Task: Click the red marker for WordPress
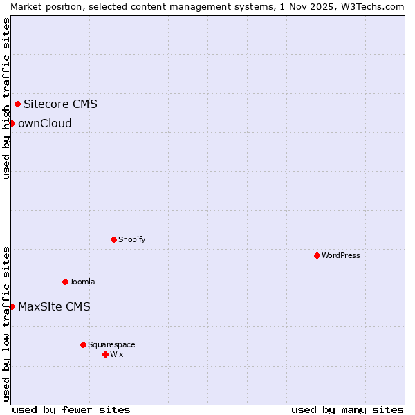point(317,255)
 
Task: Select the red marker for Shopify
point(113,239)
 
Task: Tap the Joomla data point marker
point(65,282)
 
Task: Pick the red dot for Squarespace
point(83,344)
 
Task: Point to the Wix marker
point(105,354)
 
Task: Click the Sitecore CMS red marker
point(17,104)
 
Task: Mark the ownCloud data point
point(12,123)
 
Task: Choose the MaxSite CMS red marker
point(12,306)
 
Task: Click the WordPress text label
point(341,255)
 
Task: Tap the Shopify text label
point(132,239)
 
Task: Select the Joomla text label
point(82,282)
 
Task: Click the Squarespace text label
point(111,344)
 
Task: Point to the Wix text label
point(117,354)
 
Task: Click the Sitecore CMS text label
point(60,104)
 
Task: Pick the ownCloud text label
point(45,124)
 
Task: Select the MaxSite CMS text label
point(54,307)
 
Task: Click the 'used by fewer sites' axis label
point(71,409)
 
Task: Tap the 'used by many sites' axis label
point(347,409)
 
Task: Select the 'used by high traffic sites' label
point(6,98)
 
